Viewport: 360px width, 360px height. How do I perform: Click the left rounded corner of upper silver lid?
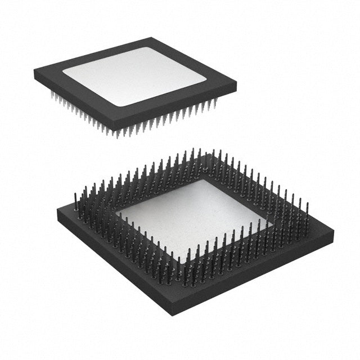pyautogui.click(x=64, y=73)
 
